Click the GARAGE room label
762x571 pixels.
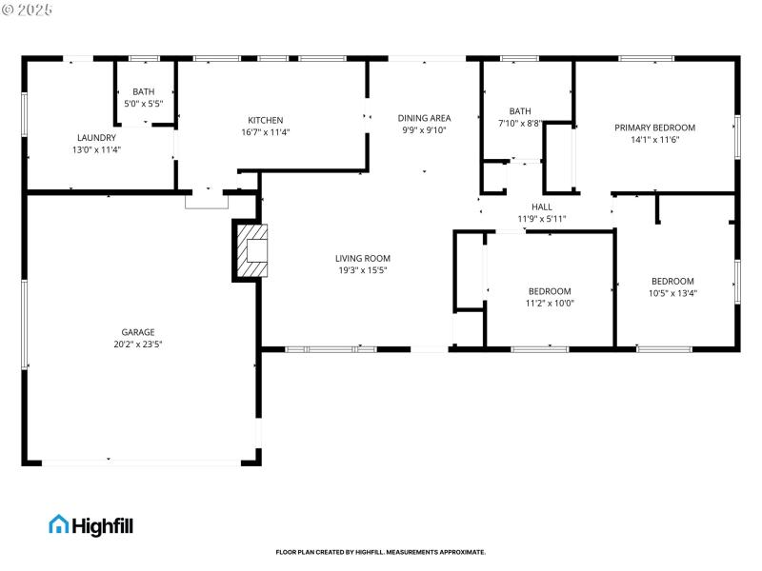138,332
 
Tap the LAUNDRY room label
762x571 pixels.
96,137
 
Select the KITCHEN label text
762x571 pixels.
265,120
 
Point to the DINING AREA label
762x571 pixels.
424,118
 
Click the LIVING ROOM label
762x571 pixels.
362,258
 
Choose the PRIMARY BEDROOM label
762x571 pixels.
654,128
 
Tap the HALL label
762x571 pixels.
541,207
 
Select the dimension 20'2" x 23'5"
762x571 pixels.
138,345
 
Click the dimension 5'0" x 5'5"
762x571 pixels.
144,103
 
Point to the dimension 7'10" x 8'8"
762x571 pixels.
519,124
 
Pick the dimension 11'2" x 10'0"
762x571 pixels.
550,304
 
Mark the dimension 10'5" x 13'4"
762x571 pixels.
672,293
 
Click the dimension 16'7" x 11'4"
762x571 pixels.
265,132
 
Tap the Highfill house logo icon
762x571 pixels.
59,523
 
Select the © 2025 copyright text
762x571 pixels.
29,9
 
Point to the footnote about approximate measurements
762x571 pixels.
380,552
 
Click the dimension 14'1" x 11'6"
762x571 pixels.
654,140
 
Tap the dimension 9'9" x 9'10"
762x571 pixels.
424,130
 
